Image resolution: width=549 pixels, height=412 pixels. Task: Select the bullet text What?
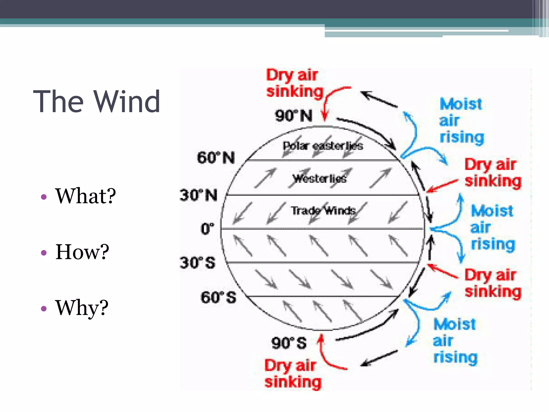point(85,196)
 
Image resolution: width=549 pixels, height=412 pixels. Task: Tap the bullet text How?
point(82,252)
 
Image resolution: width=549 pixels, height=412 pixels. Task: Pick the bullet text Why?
point(81,308)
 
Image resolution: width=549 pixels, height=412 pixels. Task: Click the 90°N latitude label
point(294,116)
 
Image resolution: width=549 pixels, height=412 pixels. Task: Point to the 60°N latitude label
point(216,157)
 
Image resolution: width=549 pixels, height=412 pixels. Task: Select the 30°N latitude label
point(198,195)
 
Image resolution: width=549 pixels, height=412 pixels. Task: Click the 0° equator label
point(207,229)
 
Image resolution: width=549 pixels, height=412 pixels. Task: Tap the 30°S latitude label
point(198,263)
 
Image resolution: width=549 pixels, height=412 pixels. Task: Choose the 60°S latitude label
point(218,297)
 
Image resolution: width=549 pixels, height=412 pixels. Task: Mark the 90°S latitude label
point(289,343)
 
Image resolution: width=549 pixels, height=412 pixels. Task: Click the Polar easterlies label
point(323,146)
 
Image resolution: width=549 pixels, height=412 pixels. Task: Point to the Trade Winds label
point(323,211)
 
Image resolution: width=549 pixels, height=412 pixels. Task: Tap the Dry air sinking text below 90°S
point(293,374)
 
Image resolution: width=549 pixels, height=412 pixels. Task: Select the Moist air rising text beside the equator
point(493,227)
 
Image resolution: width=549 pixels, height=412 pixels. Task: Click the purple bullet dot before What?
point(44,197)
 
